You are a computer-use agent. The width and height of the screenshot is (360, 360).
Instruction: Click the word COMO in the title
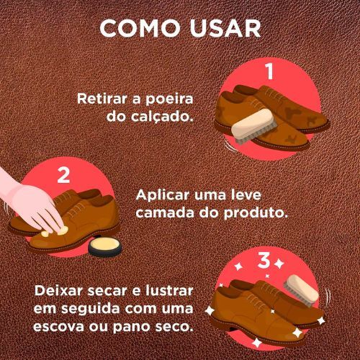pyautogui.click(x=140, y=28)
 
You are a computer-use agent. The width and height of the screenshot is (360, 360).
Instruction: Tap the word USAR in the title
pyautogui.click(x=225, y=28)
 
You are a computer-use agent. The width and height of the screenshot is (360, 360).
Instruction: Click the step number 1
pyautogui.click(x=270, y=71)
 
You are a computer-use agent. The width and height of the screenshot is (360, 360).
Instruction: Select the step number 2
pyautogui.click(x=63, y=175)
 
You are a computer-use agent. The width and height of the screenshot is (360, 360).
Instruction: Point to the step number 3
pyautogui.click(x=264, y=260)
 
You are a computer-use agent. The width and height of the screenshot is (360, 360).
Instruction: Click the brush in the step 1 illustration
pyautogui.click(x=255, y=126)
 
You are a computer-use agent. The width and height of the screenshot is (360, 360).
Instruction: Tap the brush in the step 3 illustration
pyautogui.click(x=301, y=291)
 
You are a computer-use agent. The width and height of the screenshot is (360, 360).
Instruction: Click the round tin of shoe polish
pyautogui.click(x=105, y=247)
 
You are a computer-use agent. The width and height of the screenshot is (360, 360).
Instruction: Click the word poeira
pyautogui.click(x=169, y=99)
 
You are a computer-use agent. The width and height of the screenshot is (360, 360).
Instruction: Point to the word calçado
pyautogui.click(x=162, y=117)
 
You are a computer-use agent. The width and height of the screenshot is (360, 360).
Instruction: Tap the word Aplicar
pyautogui.click(x=163, y=195)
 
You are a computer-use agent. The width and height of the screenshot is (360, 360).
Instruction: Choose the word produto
pyautogui.click(x=256, y=212)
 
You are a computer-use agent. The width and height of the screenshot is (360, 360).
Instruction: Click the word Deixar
pyautogui.click(x=59, y=291)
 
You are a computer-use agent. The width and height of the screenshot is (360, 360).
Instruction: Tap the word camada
pyautogui.click(x=166, y=212)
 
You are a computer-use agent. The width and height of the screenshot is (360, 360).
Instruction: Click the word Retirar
pyautogui.click(x=102, y=99)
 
